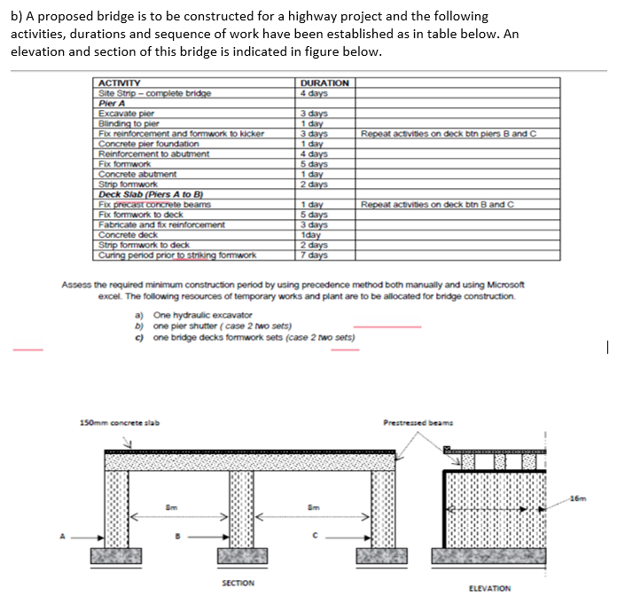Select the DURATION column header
[x=324, y=83]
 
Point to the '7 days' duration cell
[x=314, y=255]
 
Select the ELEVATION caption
[x=488, y=588]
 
